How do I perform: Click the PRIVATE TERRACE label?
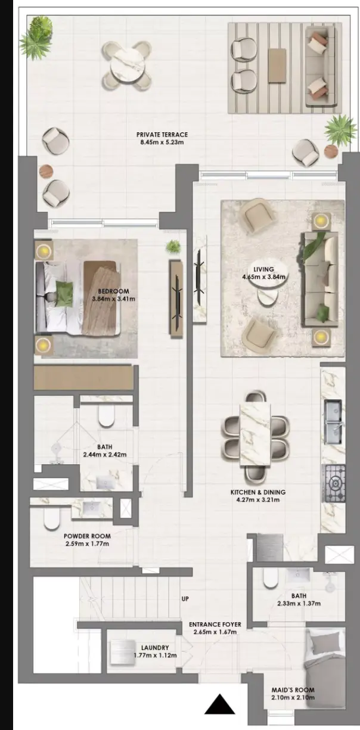pos(162,134)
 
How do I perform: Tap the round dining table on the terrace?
pos(127,66)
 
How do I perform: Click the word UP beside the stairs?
pos(185,599)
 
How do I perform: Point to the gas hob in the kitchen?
pos(333,483)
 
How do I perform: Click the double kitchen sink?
pos(333,422)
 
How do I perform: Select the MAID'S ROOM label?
pos(293,690)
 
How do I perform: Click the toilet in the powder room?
pos(52,518)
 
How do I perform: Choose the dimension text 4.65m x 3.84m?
pos(263,277)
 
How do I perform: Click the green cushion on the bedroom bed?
pos(63,294)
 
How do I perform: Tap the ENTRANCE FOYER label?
pos(215,625)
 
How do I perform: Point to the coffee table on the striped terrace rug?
pos(277,66)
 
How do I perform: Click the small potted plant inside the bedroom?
pos(173,246)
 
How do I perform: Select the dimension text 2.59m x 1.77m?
pos(86,543)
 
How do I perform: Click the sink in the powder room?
pos(92,507)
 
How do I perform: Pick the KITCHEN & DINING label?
pos(257,492)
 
